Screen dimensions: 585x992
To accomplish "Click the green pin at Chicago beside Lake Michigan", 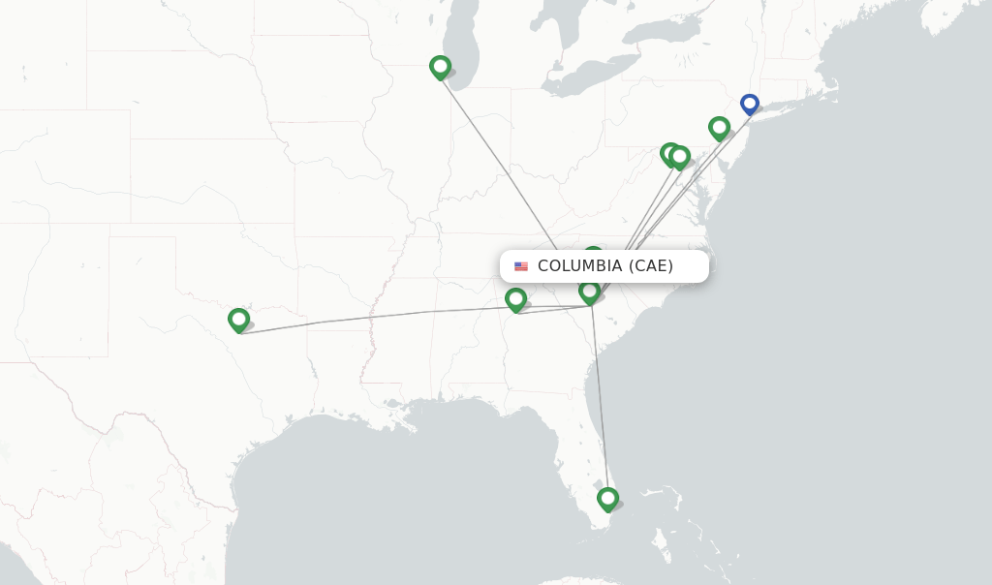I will click(x=440, y=66).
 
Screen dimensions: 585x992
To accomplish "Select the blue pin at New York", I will click(x=749, y=103).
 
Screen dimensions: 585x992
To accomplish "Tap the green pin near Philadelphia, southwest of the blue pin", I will click(x=719, y=127).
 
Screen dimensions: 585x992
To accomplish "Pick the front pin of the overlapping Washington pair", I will click(x=680, y=155).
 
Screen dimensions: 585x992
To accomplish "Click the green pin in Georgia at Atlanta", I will click(x=515, y=298).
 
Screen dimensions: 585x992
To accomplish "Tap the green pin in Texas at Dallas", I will click(x=238, y=319).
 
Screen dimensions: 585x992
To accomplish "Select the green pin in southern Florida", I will click(x=607, y=498).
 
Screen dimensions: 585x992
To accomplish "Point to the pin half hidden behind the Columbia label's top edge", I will click(x=593, y=252).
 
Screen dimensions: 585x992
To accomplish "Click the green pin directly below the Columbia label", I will click(x=589, y=291).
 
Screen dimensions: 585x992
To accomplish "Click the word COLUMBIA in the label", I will click(x=579, y=266).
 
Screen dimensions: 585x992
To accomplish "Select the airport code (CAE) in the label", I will click(x=650, y=266).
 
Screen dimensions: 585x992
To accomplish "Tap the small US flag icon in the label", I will click(x=521, y=266).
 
